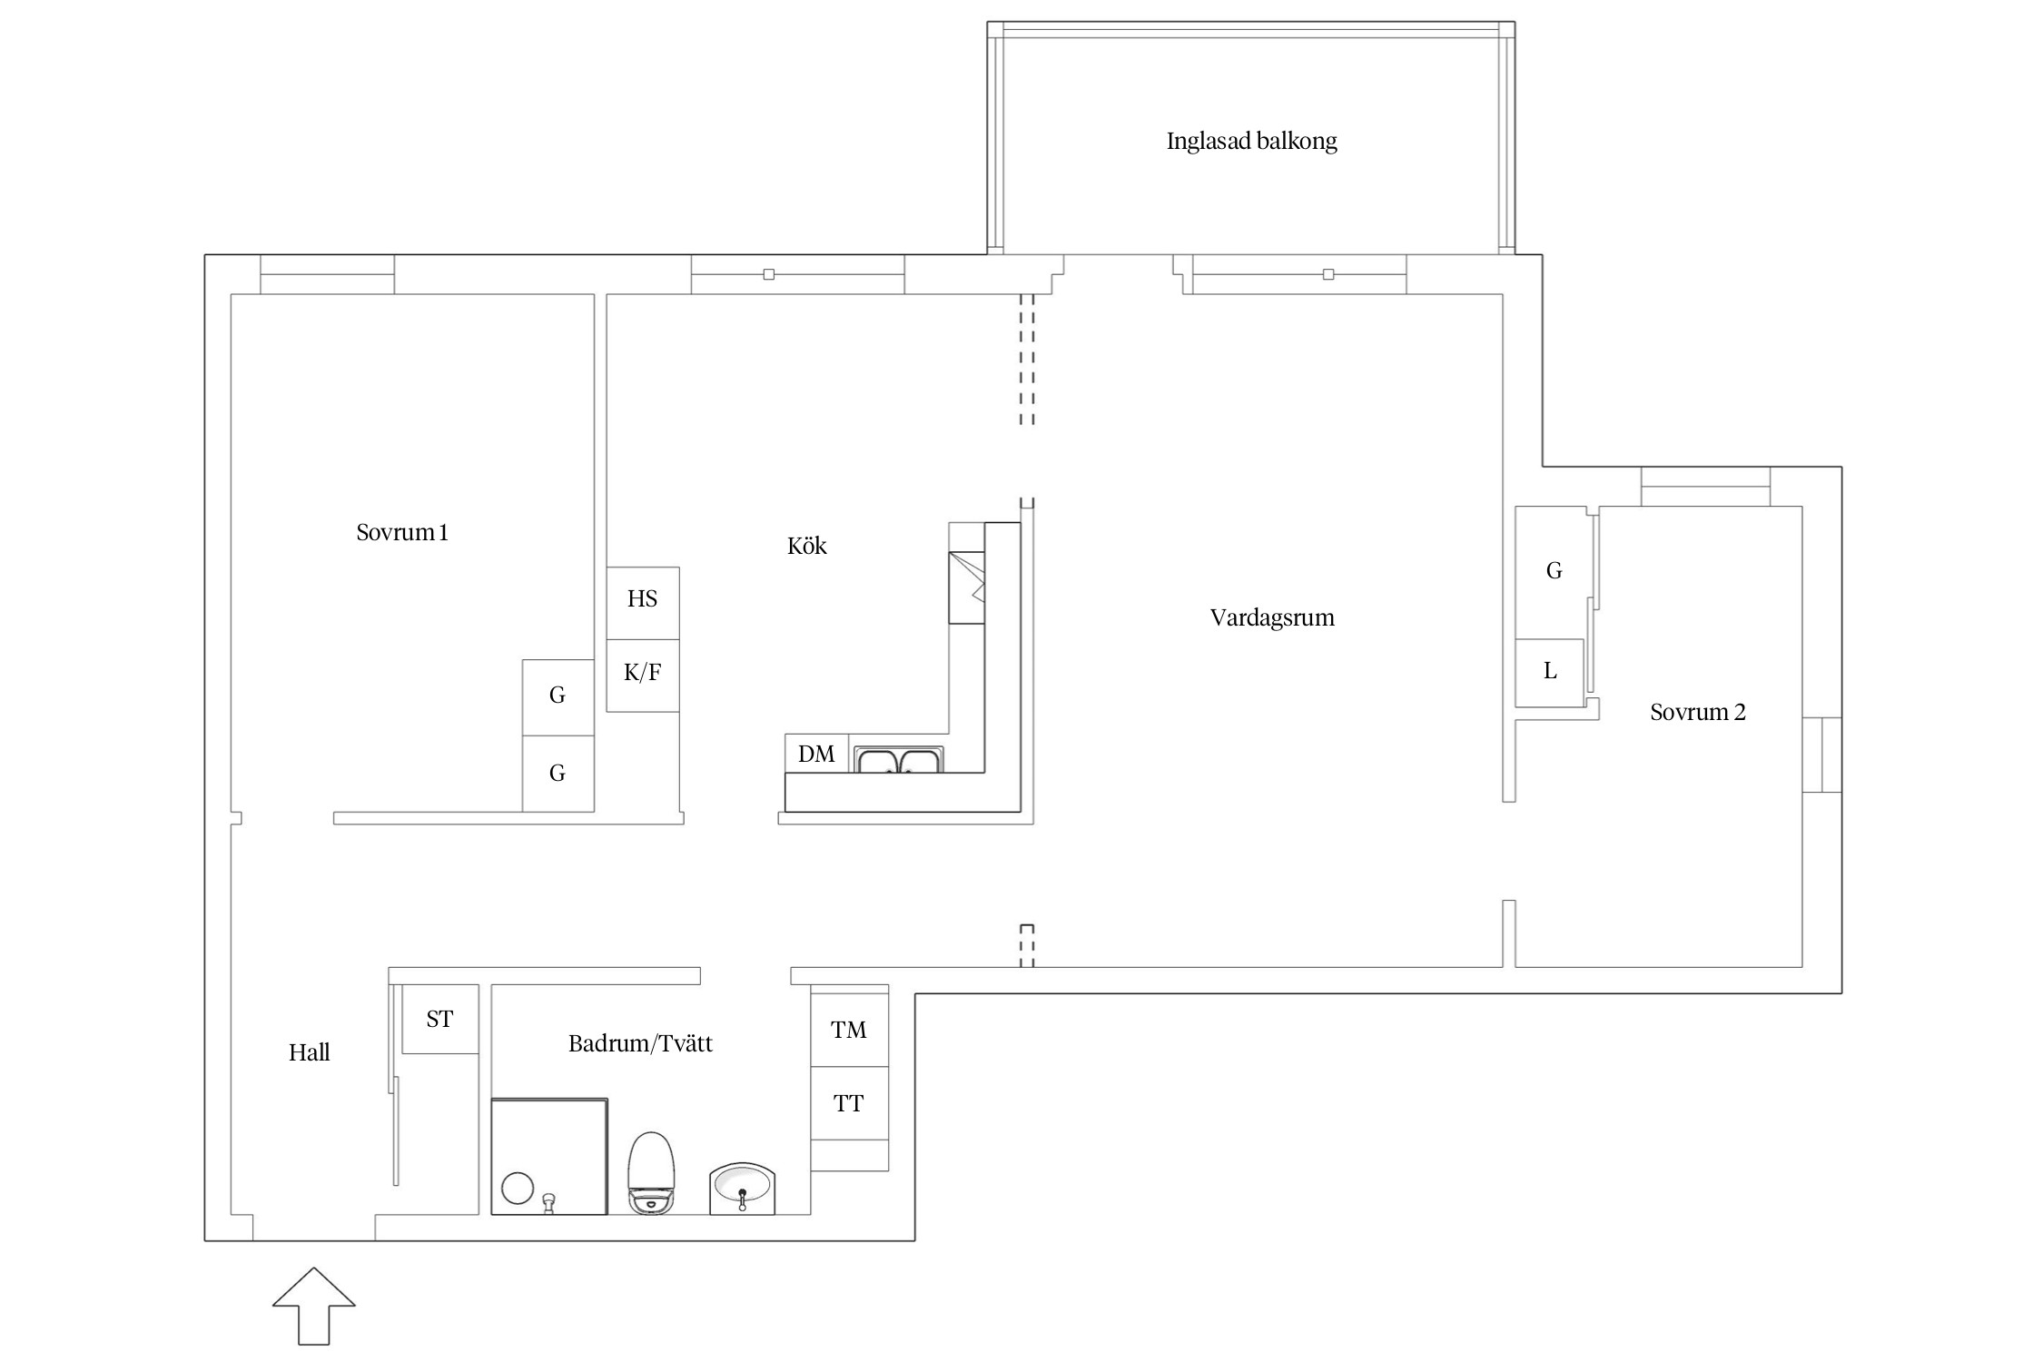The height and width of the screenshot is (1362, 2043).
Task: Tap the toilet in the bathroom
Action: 652,1172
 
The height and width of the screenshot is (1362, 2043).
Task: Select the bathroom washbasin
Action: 742,1188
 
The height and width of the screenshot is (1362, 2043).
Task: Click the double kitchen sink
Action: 899,760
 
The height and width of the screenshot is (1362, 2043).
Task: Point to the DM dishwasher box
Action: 816,754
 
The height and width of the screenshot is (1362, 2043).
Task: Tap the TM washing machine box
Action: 849,1030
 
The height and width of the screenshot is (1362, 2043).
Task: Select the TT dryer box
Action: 849,1103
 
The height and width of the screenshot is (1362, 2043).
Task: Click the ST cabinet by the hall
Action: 440,1019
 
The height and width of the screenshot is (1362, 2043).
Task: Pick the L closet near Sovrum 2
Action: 1550,672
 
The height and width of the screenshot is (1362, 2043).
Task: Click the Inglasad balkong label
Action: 1251,141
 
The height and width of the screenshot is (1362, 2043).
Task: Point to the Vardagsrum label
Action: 1272,618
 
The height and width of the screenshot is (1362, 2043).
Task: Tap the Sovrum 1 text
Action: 402,532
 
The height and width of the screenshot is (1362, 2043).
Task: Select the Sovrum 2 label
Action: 1698,712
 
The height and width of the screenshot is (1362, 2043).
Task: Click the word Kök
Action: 807,546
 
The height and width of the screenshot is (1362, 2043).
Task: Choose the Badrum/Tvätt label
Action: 640,1043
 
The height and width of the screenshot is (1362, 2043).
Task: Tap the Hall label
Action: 309,1052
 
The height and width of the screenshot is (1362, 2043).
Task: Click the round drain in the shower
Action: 518,1189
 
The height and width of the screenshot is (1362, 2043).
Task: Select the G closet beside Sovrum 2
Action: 1554,572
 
